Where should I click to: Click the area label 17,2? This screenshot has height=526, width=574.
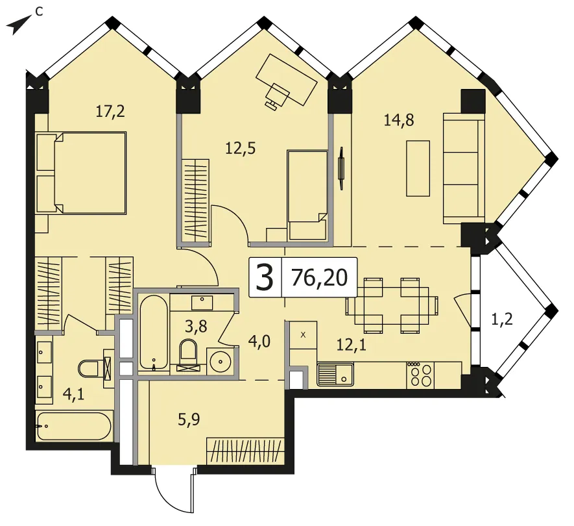pyautogui.click(x=110, y=110)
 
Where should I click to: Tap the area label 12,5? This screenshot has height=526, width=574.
pyautogui.click(x=240, y=149)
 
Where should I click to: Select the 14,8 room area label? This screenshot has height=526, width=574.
pyautogui.click(x=399, y=120)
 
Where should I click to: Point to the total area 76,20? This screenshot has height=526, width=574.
pyautogui.click(x=319, y=277)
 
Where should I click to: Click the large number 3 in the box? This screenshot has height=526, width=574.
pyautogui.click(x=265, y=277)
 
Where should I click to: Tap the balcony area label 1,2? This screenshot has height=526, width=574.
pyautogui.click(x=501, y=319)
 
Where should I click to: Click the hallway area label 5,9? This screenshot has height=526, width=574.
pyautogui.click(x=189, y=420)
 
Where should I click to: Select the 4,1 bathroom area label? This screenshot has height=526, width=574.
pyautogui.click(x=73, y=394)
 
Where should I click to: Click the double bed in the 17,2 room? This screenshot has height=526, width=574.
pyautogui.click(x=81, y=173)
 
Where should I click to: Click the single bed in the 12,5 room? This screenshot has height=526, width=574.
pyautogui.click(x=307, y=195)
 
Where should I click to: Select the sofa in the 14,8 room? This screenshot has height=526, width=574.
pyautogui.click(x=464, y=168)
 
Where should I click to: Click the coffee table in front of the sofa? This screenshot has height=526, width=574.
pyautogui.click(x=418, y=169)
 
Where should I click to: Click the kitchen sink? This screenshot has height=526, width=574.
pyautogui.click(x=335, y=374)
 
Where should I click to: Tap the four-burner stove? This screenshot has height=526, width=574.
pyautogui.click(x=420, y=375)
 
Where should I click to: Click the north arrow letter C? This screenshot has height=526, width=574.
pyautogui.click(x=39, y=11)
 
